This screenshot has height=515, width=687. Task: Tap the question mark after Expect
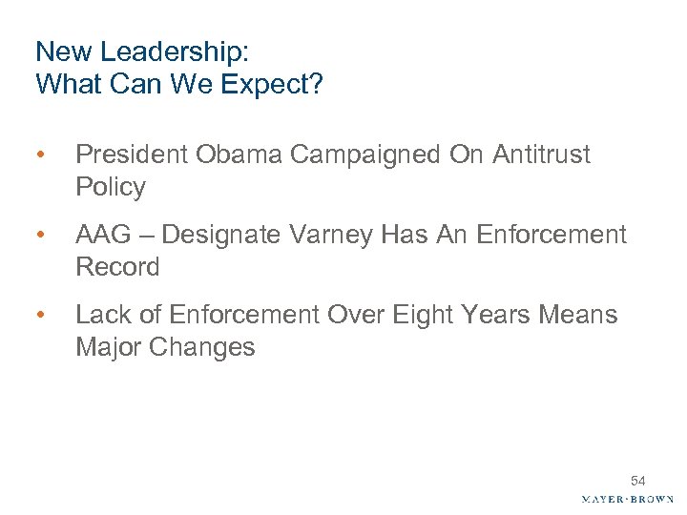pos(318,85)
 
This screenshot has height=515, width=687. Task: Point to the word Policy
pos(111,187)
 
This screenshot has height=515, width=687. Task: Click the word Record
pos(117,267)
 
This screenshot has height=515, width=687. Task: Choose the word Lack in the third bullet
pos(100,315)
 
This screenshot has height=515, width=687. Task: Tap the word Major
pos(108,347)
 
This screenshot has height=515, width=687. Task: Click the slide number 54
pos(637,482)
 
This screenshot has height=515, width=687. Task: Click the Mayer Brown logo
pos(626,499)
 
